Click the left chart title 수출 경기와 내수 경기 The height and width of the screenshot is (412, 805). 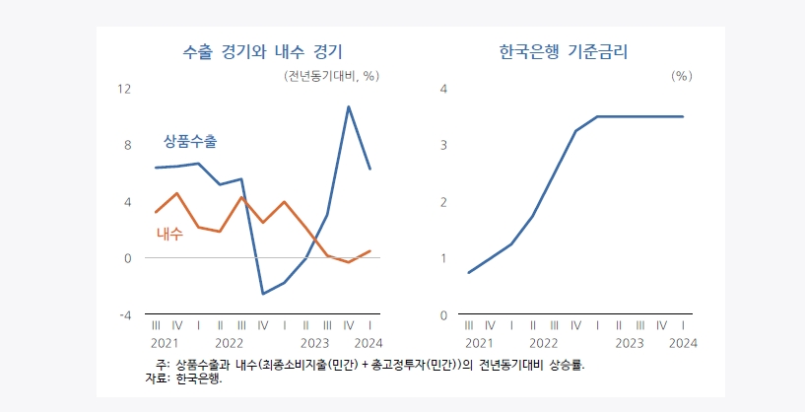tap(263, 52)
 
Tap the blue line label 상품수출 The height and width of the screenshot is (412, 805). tap(189, 141)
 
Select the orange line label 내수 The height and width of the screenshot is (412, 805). tap(169, 235)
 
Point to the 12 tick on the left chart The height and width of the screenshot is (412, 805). tap(124, 89)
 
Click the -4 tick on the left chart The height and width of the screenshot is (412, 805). tap(125, 315)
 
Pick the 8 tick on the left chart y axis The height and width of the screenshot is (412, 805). tap(127, 145)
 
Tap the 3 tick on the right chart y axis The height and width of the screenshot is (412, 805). tap(443, 145)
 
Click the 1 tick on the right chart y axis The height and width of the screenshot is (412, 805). tap(443, 258)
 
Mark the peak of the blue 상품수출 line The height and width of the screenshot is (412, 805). tap(349, 106)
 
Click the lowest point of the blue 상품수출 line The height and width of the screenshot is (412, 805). tap(263, 294)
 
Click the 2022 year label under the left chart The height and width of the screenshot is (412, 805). tap(229, 343)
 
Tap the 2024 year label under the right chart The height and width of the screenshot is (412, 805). tap(683, 343)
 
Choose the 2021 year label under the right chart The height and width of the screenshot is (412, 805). tap(479, 343)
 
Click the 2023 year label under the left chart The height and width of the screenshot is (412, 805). tap(314, 343)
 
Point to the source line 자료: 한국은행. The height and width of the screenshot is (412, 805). tap(183, 378)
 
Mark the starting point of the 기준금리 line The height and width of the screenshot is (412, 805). tap(469, 272)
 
